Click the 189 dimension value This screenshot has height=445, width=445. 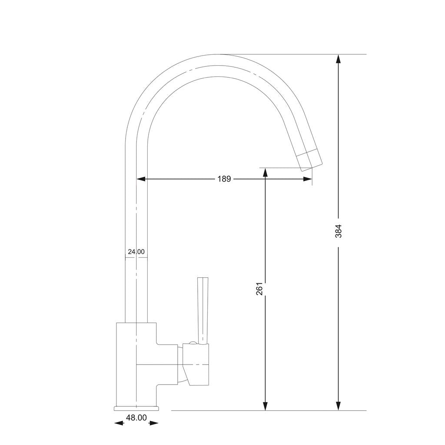click(224, 179)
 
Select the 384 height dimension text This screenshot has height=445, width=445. click(339, 231)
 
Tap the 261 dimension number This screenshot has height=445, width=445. click(259, 289)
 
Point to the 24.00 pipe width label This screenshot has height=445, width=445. click(136, 252)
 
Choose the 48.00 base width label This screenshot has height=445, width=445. click(136, 418)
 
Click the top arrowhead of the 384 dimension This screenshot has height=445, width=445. click(339, 59)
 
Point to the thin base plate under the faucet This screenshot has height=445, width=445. click(136, 408)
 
